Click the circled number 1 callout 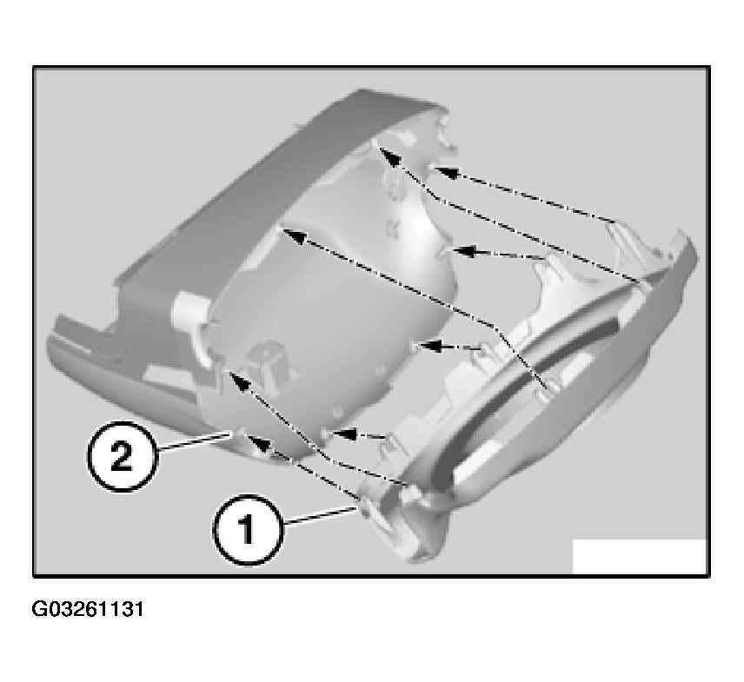click(247, 529)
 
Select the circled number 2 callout click(123, 456)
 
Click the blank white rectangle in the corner click(639, 556)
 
